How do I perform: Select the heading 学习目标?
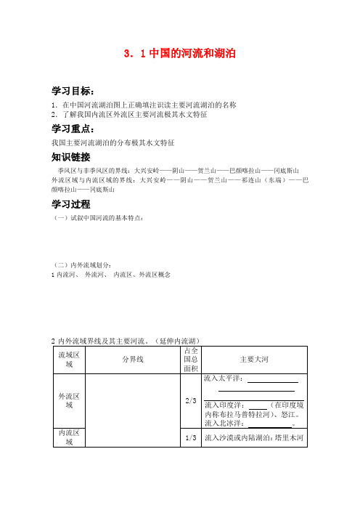[x=73, y=91]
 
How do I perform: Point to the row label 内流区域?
[x=69, y=437]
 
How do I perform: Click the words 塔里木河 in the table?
[x=295, y=437]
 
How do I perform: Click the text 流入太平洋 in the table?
[x=224, y=379]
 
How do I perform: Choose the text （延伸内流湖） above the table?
[x=179, y=340]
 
